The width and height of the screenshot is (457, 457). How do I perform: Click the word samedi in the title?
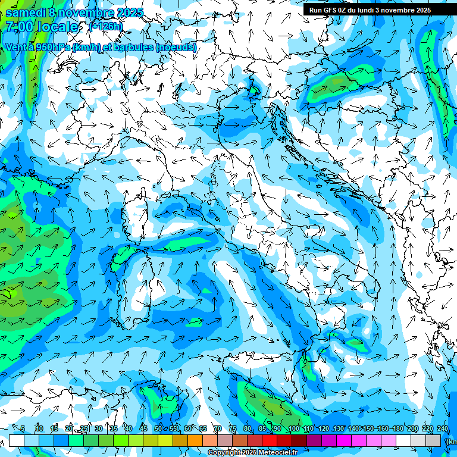[27, 12]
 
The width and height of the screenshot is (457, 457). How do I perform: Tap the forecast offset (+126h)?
[106, 26]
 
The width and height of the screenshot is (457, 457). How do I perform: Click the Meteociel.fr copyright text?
[252, 453]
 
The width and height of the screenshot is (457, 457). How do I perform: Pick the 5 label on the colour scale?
[23, 428]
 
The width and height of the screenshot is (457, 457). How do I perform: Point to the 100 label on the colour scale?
[293, 428]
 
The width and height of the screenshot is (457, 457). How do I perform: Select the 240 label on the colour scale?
[442, 428]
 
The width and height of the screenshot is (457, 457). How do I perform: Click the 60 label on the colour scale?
[188, 428]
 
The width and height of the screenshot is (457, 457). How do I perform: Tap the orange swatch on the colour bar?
[195, 441]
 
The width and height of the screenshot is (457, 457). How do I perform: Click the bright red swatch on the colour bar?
[270, 441]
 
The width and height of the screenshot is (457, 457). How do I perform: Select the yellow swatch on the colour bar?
[151, 441]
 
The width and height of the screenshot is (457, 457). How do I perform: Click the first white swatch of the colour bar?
[17, 441]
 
